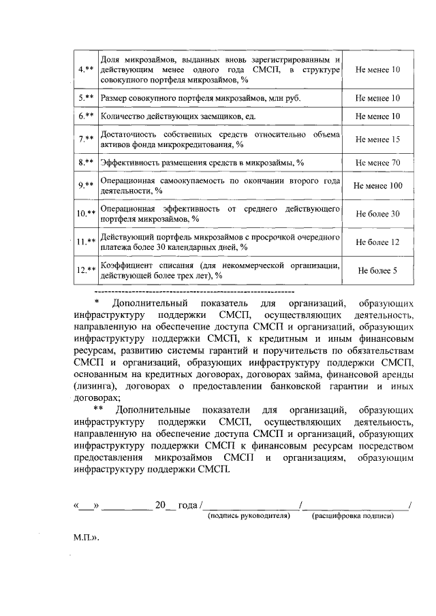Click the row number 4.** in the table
[x=85, y=70]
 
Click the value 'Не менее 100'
[x=377, y=185]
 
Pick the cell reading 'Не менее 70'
[x=377, y=163]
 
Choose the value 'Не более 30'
[x=377, y=214]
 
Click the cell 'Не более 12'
[x=377, y=242]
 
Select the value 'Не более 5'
[x=377, y=270]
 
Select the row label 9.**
[x=85, y=185]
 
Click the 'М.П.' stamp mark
[x=87, y=537]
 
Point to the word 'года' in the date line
[x=187, y=505]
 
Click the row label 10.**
[x=85, y=214]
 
